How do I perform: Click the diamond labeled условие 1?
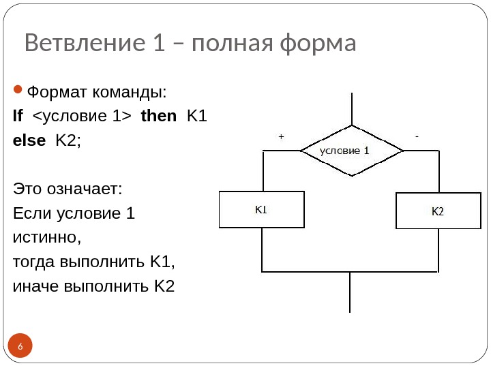coord(351,151)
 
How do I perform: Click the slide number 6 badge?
coord(20,347)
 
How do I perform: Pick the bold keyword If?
coord(18,116)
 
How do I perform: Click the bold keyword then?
coord(158,116)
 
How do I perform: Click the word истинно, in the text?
coord(47,239)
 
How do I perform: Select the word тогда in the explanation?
coord(34,262)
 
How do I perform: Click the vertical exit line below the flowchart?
coord(350,293)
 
